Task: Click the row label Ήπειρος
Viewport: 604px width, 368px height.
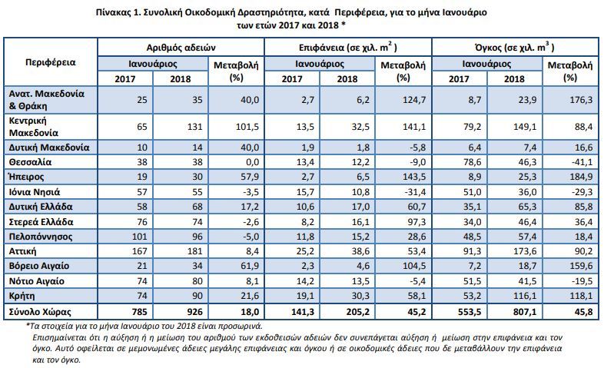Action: click(x=26, y=177)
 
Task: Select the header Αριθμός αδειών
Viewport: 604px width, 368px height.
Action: click(x=181, y=48)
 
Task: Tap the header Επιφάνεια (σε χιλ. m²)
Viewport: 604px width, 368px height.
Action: click(x=348, y=48)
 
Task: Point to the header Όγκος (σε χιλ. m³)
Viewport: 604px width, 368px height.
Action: click(x=515, y=48)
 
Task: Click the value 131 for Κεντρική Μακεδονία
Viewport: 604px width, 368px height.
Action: click(x=194, y=127)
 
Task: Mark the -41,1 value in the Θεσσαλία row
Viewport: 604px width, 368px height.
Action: click(x=582, y=162)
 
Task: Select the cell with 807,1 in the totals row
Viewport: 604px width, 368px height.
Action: click(x=524, y=311)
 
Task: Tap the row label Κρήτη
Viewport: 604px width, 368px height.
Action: click(x=22, y=296)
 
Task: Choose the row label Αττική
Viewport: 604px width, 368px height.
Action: click(x=22, y=251)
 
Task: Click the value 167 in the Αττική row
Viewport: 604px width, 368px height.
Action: click(x=139, y=251)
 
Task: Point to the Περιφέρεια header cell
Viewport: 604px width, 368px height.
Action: click(x=51, y=62)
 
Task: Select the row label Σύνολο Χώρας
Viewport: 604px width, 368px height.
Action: click(x=40, y=311)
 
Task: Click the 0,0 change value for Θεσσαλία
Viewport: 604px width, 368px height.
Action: click(x=253, y=162)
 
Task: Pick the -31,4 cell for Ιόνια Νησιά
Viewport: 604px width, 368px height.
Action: click(x=414, y=192)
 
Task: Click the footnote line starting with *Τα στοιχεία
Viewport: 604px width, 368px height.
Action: click(x=144, y=326)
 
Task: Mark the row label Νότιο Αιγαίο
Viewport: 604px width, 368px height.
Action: click(x=37, y=281)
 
